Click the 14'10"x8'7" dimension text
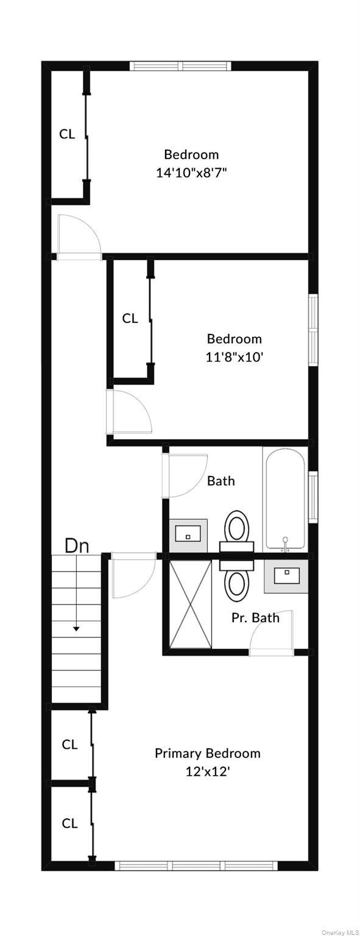pyautogui.click(x=191, y=172)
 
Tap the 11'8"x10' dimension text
pyautogui.click(x=235, y=357)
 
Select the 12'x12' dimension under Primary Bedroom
pyautogui.click(x=208, y=771)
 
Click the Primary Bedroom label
pyautogui.click(x=208, y=753)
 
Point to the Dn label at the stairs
pyautogui.click(x=77, y=546)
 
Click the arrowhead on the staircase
pyautogui.click(x=76, y=628)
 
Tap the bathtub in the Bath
pyautogui.click(x=285, y=498)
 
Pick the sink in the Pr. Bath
pyautogui.click(x=286, y=576)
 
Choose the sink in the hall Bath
pyautogui.click(x=188, y=535)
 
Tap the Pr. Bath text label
pyautogui.click(x=256, y=617)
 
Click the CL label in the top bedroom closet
pyautogui.click(x=67, y=134)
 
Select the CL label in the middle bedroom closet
pyautogui.click(x=130, y=319)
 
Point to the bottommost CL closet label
pyautogui.click(x=69, y=823)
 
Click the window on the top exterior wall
pyautogui.click(x=180, y=66)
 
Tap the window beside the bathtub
pyautogui.click(x=313, y=497)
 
